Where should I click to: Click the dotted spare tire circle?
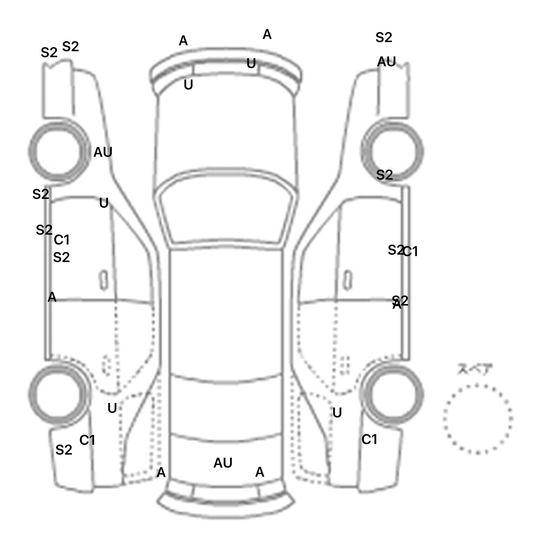coord(478,419)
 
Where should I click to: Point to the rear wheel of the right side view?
coord(393,394)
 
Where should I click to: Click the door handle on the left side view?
coord(104,280)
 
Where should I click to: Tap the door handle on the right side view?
coord(347,280)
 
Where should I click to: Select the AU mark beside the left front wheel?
coord(103,152)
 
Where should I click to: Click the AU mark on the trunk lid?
coord(223,463)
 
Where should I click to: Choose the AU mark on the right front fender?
coord(386,62)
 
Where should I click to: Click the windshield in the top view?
coord(226,214)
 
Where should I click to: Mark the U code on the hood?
coord(188,85)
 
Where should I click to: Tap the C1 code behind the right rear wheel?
coord(369,439)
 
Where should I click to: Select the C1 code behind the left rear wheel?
coord(87,440)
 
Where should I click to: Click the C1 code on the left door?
coord(62,240)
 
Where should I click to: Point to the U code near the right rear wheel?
coord(337,413)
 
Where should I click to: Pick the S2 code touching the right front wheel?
coord(384,175)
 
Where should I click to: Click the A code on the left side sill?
coord(52,297)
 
